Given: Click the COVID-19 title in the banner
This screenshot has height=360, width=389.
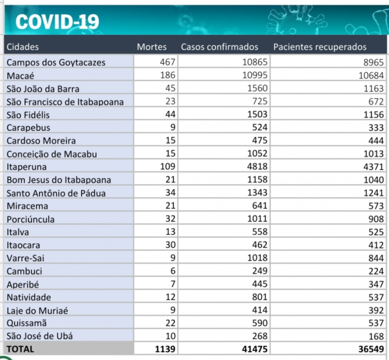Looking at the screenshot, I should [57, 21].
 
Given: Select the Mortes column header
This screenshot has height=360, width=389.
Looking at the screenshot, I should [152, 47].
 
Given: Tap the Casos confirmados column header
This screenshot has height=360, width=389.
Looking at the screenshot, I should [219, 47].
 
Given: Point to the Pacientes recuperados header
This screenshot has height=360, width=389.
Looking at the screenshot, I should [320, 47].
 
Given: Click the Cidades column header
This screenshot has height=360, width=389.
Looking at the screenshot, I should [22, 47].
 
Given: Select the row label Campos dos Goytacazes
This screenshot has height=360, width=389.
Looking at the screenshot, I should [56, 62].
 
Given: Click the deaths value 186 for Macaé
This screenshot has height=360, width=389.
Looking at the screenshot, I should [169, 76].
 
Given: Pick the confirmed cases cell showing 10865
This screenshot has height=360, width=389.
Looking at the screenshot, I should [255, 62].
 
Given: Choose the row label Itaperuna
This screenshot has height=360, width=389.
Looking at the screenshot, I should [24, 167].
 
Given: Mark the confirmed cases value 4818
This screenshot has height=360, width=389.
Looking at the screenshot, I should [258, 167].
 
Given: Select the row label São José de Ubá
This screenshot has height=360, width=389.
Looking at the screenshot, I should [37, 336].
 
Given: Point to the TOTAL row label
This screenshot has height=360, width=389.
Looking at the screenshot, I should [21, 349].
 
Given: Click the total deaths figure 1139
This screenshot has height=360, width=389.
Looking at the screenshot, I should [166, 349].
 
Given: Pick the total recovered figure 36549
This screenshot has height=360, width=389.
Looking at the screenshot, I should [371, 349].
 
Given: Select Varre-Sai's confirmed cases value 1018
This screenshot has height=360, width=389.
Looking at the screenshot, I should [258, 259].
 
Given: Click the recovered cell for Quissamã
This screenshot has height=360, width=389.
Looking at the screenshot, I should [375, 323].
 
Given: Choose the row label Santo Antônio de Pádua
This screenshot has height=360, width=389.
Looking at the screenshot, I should [56, 193].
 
